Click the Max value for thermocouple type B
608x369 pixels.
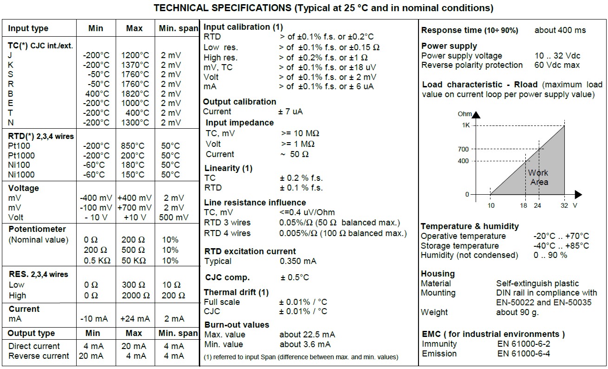[134, 93]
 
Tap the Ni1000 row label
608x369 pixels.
[21, 175]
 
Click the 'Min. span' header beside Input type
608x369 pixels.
[178, 28]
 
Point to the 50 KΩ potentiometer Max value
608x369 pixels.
[134, 261]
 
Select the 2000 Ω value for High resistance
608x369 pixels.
[136, 295]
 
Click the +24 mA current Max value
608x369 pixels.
[135, 319]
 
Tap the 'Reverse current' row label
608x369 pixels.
[39, 356]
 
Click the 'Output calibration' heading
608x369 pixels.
[240, 102]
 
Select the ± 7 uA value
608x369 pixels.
[291, 112]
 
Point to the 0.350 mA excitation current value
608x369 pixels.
[298, 261]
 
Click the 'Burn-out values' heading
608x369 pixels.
[237, 325]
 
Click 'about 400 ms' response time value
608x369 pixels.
[560, 30]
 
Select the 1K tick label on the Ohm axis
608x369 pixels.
[465, 125]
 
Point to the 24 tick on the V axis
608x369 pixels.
[538, 205]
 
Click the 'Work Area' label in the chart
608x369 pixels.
[539, 178]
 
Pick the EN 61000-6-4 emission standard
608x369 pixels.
[523, 354]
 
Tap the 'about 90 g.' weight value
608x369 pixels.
[517, 312]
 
